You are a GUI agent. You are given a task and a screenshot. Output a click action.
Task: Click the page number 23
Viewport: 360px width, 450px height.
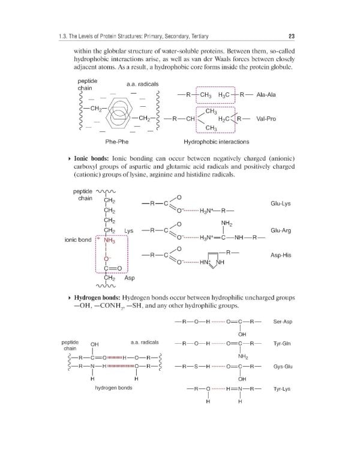291,34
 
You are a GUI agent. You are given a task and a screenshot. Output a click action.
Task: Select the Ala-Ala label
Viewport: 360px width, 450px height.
266,95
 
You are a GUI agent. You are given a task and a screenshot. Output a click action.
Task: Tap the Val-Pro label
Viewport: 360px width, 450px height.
266,119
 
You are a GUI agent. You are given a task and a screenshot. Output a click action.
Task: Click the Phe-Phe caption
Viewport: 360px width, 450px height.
115,142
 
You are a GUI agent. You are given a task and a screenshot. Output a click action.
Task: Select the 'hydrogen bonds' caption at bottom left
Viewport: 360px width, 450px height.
113,388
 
